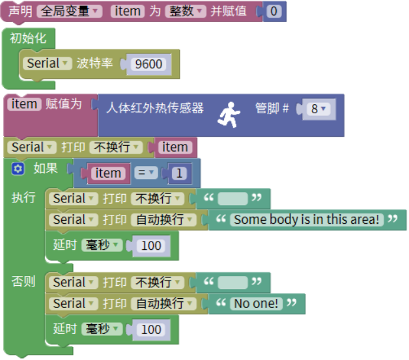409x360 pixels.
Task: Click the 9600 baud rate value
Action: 148,64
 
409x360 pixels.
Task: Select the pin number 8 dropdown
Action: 318,109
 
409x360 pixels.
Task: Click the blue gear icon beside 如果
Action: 18,169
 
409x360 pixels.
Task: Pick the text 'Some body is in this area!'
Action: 306,219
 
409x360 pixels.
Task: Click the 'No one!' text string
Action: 256,303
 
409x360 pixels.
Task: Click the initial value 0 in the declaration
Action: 274,12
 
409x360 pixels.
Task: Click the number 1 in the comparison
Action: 180,173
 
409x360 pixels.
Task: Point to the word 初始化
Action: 28,38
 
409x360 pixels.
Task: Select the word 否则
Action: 24,281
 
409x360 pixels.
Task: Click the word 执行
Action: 24,197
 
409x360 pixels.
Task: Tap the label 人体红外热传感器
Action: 155,108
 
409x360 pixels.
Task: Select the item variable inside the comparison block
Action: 107,173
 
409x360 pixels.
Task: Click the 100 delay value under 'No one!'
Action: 151,329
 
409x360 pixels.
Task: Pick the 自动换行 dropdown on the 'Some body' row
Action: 163,219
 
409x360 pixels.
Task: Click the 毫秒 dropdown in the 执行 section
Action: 102,245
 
